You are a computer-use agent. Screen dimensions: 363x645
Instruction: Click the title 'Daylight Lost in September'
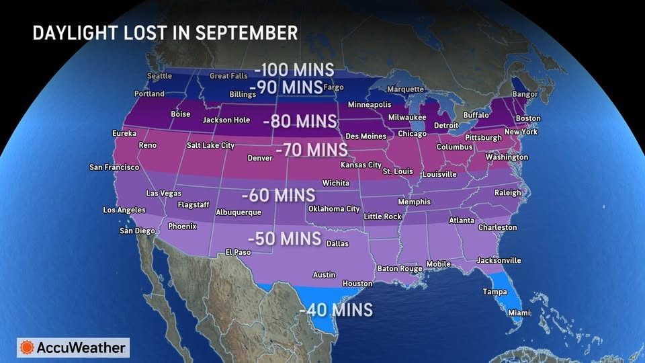tap(165, 33)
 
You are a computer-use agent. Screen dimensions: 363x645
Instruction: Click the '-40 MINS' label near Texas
tap(336, 310)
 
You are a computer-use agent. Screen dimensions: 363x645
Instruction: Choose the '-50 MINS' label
tap(284, 239)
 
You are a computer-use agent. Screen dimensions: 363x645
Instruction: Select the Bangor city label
tap(525, 95)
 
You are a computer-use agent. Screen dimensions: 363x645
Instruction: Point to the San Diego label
tap(137, 231)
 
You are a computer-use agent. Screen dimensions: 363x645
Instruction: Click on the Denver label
tap(260, 158)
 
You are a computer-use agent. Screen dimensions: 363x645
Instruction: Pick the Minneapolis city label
tap(369, 105)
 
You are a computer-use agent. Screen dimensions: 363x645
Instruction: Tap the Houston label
tap(357, 284)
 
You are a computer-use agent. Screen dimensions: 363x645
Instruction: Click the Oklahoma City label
tap(334, 209)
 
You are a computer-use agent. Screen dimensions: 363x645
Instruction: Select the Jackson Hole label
tap(226, 120)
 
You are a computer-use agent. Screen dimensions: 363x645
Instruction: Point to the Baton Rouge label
tap(400, 269)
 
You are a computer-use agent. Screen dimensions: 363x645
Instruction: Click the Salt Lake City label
tap(210, 145)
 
